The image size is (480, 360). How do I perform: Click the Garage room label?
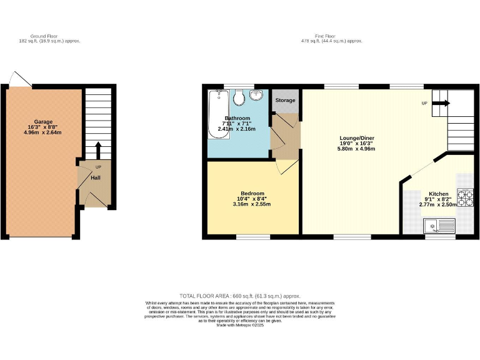[x=43, y=122]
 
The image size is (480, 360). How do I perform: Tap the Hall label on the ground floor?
[x=95, y=177]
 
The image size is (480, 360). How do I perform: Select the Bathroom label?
[x=237, y=118]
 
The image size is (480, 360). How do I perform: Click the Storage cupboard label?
[x=285, y=100]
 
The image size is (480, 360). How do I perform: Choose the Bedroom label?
[x=252, y=194]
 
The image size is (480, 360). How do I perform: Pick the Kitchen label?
[x=438, y=194]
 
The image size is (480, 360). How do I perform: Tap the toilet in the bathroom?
[x=238, y=98]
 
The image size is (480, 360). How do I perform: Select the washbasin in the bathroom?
[x=256, y=96]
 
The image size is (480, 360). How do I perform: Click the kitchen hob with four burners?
[x=466, y=197]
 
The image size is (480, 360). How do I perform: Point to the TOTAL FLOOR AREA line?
[x=240, y=296]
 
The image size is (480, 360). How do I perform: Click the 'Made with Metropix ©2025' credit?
[x=240, y=325]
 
